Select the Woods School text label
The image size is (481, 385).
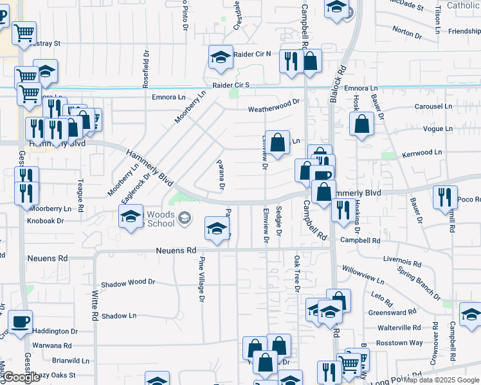point(161,219)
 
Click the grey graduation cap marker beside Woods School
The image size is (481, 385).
point(185,219)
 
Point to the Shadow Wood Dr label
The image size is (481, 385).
point(129,282)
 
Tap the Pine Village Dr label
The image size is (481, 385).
point(201,279)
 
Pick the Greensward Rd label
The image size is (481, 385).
point(393,313)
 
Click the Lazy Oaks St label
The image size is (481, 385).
point(55,375)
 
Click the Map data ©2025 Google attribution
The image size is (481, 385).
point(442,380)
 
